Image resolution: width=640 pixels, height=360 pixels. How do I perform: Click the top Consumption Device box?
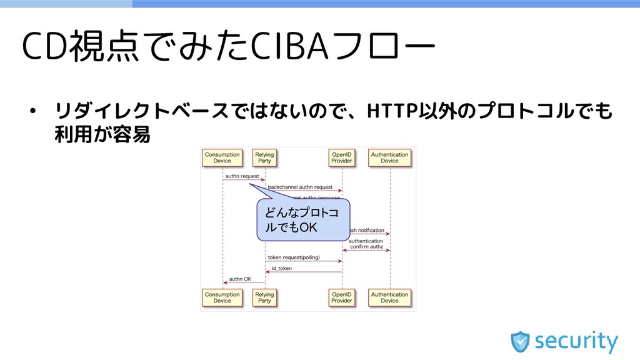pyautogui.click(x=222, y=157)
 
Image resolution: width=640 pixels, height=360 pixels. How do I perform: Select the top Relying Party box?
pyautogui.click(x=264, y=157)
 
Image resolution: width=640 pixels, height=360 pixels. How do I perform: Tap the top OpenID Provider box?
pyautogui.click(x=342, y=157)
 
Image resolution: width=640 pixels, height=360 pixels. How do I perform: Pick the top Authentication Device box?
pyautogui.click(x=389, y=157)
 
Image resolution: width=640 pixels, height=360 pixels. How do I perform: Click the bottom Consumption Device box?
pyautogui.click(x=222, y=297)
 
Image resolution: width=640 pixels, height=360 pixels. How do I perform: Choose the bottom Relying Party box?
pyautogui.click(x=264, y=297)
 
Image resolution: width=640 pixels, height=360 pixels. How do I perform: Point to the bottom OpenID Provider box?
pyautogui.click(x=342, y=297)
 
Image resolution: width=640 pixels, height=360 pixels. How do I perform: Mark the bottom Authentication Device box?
pyautogui.click(x=389, y=297)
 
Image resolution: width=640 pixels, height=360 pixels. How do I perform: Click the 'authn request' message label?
pyautogui.click(x=242, y=176)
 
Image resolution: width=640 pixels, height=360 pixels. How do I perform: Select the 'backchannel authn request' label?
pyautogui.click(x=301, y=186)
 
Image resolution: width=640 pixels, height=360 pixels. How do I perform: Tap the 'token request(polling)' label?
pyautogui.click(x=294, y=257)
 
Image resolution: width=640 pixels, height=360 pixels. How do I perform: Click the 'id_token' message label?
pyautogui.click(x=281, y=268)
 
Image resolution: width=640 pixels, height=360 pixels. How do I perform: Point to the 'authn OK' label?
pyautogui.click(x=240, y=279)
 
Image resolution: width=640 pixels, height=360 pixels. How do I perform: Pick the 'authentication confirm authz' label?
pyautogui.click(x=366, y=243)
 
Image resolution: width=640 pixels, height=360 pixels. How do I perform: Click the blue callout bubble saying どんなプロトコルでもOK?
pyautogui.click(x=302, y=220)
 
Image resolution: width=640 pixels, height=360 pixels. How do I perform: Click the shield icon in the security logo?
pyautogui.click(x=520, y=341)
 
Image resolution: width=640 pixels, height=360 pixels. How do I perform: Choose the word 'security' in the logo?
pyautogui.click(x=576, y=341)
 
